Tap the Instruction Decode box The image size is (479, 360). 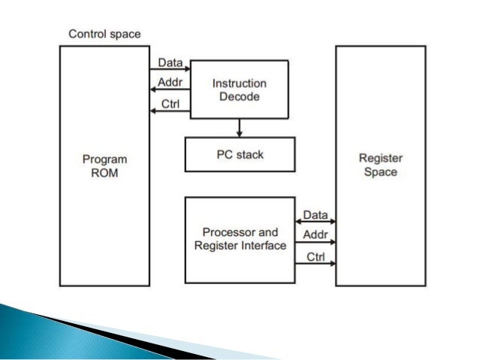[x=239, y=88]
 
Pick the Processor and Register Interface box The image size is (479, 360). [x=239, y=240]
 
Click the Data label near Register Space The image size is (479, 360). [x=315, y=216]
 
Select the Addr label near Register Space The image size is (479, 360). [x=315, y=235]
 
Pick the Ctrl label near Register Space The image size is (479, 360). [x=315, y=256]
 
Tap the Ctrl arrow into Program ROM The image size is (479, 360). [x=170, y=111]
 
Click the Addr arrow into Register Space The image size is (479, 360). [x=315, y=244]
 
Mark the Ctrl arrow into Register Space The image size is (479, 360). [x=315, y=265]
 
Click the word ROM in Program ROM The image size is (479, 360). [x=104, y=172]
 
